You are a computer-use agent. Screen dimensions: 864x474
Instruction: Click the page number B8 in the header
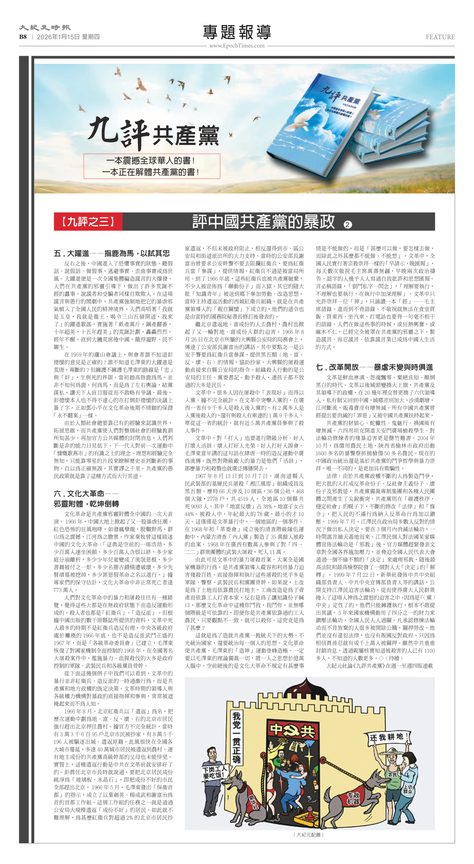pyautogui.click(x=23, y=37)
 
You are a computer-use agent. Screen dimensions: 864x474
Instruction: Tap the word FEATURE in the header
pyautogui.click(x=440, y=37)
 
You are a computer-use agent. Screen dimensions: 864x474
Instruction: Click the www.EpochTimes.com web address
pyautogui.click(x=237, y=46)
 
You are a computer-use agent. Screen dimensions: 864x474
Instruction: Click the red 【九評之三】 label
pyautogui.click(x=88, y=222)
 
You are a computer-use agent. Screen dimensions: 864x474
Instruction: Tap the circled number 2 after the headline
pyautogui.click(x=348, y=224)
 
